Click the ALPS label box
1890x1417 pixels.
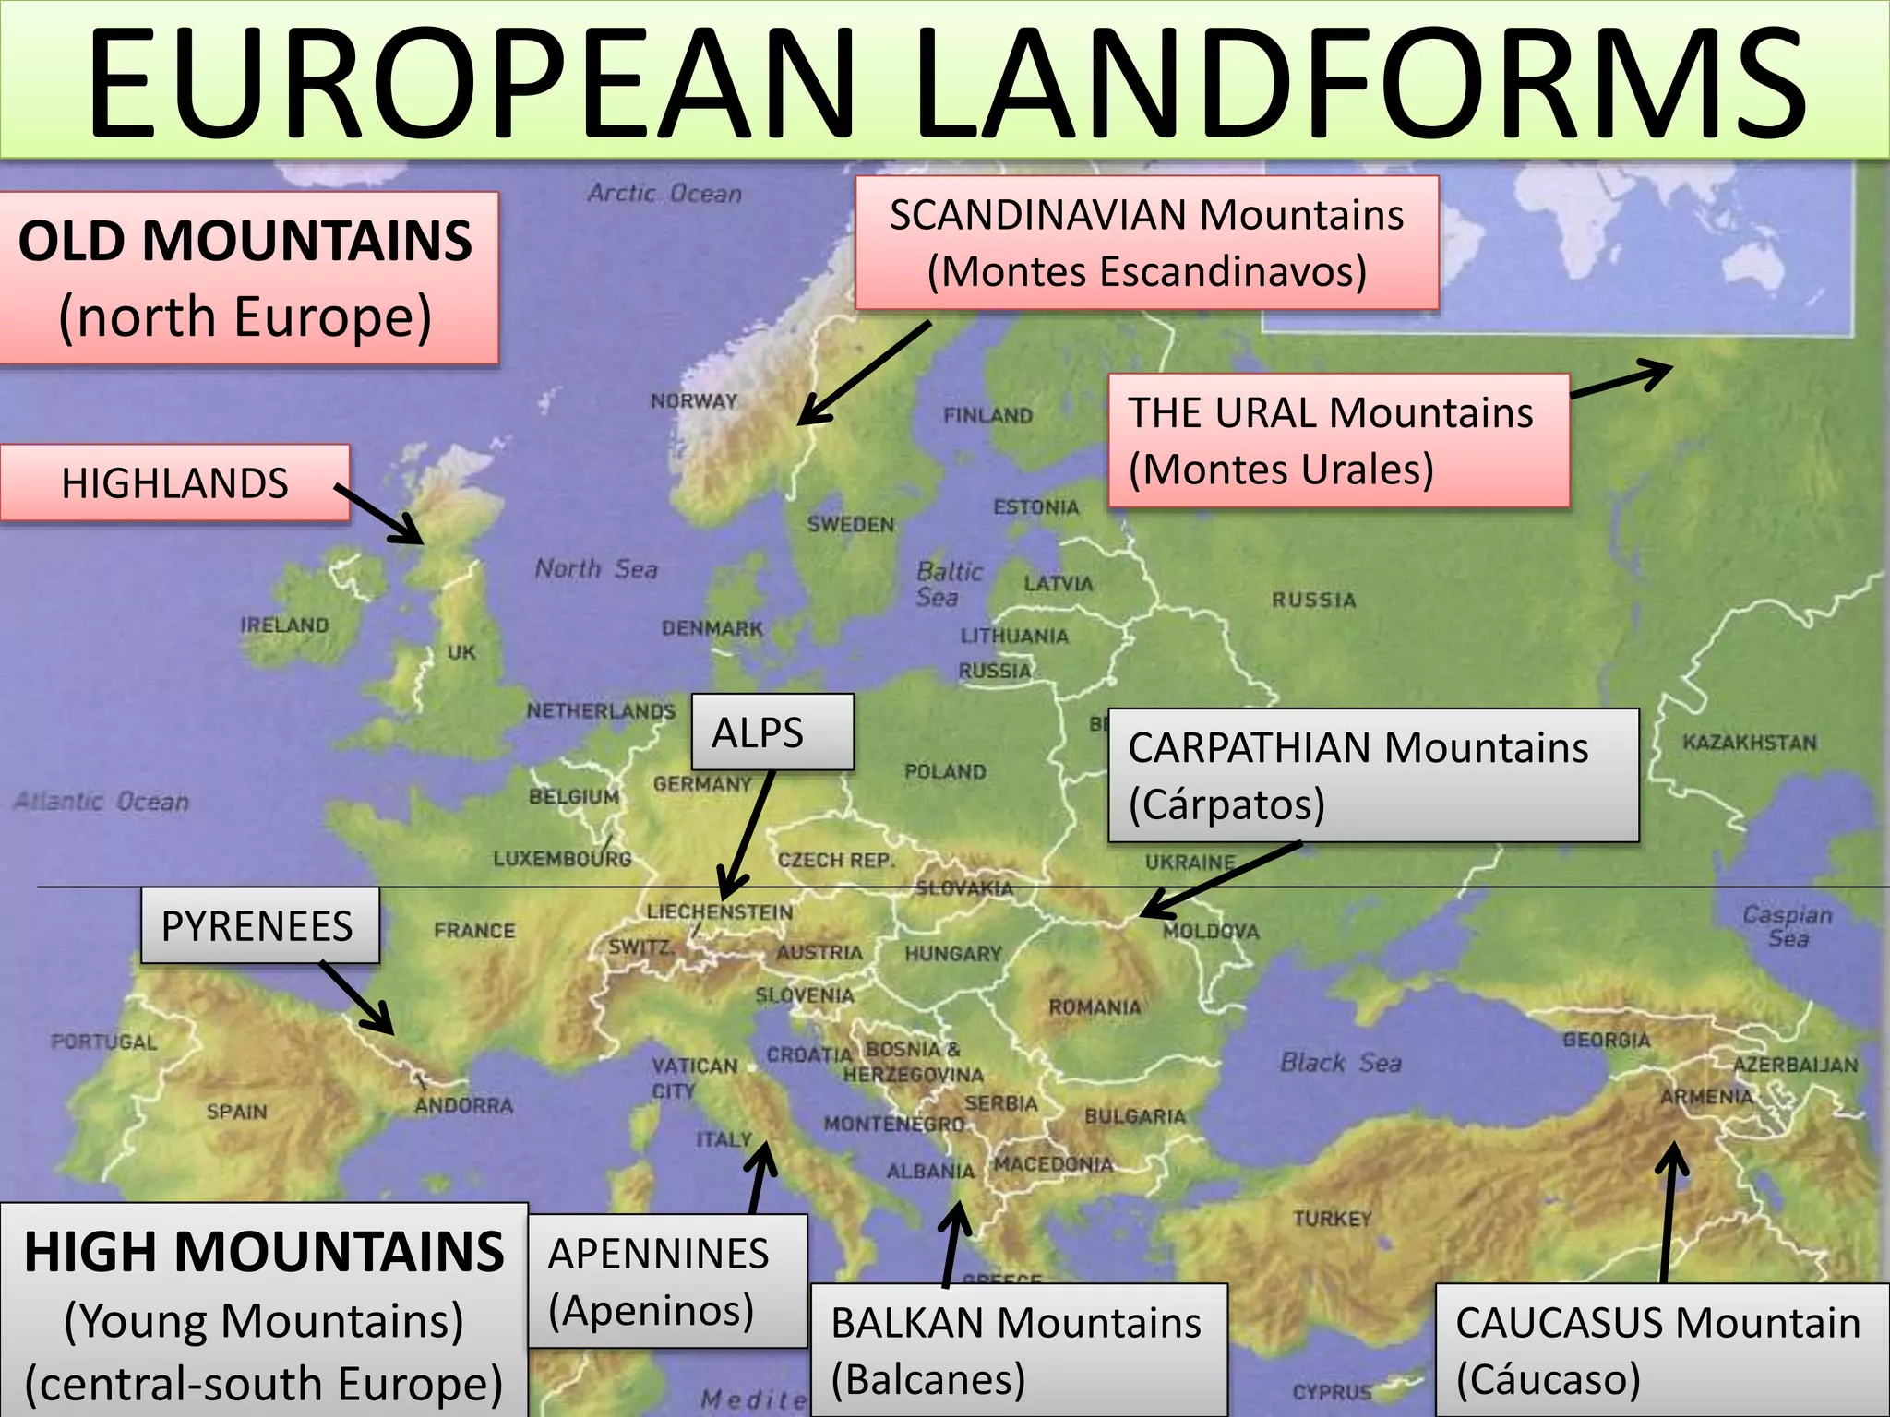[772, 732]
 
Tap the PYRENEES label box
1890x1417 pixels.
[259, 926]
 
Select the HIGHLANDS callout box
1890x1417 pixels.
[174, 483]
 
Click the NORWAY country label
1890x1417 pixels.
[694, 401]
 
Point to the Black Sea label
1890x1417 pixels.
[1340, 1063]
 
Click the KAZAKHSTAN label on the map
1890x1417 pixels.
[1749, 743]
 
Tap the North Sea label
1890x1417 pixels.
[596, 568]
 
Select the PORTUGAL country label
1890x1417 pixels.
[103, 1042]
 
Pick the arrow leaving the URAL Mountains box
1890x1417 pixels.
[1621, 379]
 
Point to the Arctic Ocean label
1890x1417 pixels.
[664, 193]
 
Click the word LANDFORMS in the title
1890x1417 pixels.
[1357, 85]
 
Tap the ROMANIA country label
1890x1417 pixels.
[1095, 1006]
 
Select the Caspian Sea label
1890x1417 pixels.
[1788, 926]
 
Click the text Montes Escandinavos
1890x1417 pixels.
[1146, 272]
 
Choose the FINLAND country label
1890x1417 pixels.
[987, 416]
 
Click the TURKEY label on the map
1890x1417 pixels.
[1333, 1219]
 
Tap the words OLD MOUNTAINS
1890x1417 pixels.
[245, 241]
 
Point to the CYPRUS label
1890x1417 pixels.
[1332, 1392]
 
